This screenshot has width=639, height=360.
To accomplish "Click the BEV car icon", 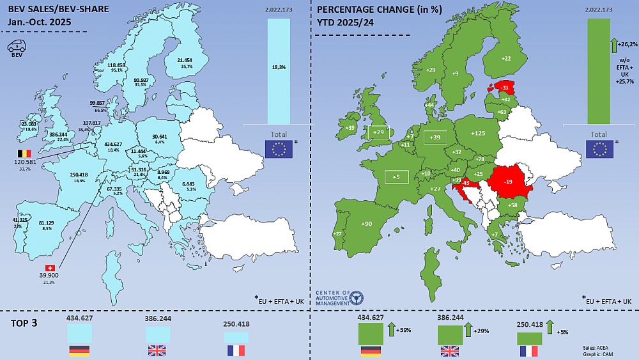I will point(16,47).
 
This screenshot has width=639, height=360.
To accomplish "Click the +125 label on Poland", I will point(479,133).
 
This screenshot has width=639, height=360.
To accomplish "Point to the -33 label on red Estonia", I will point(504,87).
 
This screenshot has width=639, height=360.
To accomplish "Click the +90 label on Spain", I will point(367,224).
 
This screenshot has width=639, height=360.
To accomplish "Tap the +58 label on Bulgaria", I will point(512,205).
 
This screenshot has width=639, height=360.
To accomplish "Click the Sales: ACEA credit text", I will point(598,347).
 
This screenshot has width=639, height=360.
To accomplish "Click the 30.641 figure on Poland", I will point(159,136).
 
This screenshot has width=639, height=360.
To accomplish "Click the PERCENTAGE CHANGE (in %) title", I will point(373,10).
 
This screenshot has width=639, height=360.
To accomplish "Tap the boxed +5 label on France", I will point(397,177).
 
